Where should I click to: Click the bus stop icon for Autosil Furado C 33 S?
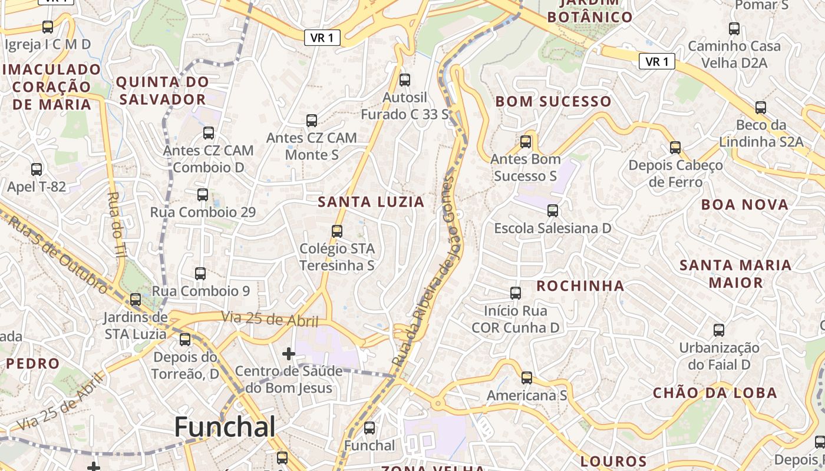tap(405, 80)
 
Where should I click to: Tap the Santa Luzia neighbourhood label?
tap(371, 202)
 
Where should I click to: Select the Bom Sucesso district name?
tap(553, 101)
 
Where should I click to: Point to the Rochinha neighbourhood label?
tap(580, 286)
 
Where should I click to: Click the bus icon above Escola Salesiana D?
tap(553, 211)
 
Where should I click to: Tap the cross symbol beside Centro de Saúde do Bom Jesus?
tap(289, 354)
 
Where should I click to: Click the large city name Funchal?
tap(225, 426)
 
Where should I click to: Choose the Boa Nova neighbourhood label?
tap(745, 205)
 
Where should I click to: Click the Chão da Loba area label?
tap(715, 393)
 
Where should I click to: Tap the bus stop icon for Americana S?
tap(527, 378)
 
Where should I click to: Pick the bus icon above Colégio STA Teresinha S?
tap(337, 231)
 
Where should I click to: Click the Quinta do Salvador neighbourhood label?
tap(162, 90)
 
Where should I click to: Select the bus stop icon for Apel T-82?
tap(37, 170)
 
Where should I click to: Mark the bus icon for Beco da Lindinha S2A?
tap(761, 108)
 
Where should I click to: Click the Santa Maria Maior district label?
tap(735, 274)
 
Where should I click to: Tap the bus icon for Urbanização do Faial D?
tap(718, 330)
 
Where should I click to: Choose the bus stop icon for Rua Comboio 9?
tap(200, 274)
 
